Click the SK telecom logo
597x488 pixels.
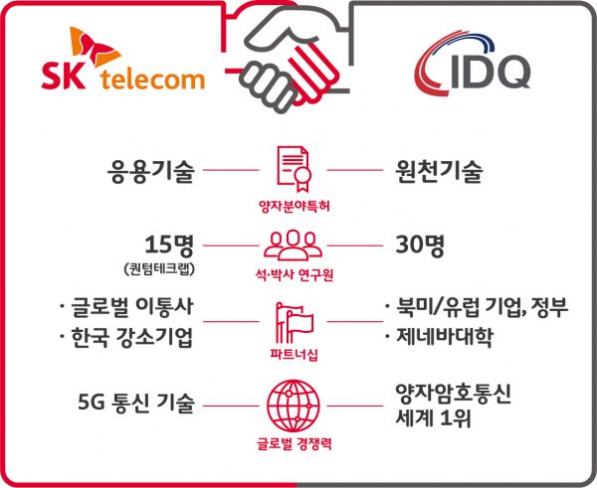(x=123, y=59)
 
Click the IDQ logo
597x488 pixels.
(x=472, y=65)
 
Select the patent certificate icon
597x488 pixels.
(x=294, y=169)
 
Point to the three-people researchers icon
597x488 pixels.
(x=294, y=245)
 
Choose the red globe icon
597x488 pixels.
(x=294, y=406)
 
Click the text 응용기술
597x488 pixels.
(x=151, y=171)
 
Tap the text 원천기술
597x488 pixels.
(x=439, y=171)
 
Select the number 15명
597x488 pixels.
(x=169, y=244)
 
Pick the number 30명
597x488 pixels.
(x=420, y=244)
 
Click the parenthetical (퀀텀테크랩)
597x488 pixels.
(x=160, y=269)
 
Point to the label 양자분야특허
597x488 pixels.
(x=294, y=207)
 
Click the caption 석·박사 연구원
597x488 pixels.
(x=295, y=274)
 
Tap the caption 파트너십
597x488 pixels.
(x=294, y=355)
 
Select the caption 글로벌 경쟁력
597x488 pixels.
(x=294, y=444)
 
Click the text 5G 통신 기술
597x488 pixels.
(x=136, y=403)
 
